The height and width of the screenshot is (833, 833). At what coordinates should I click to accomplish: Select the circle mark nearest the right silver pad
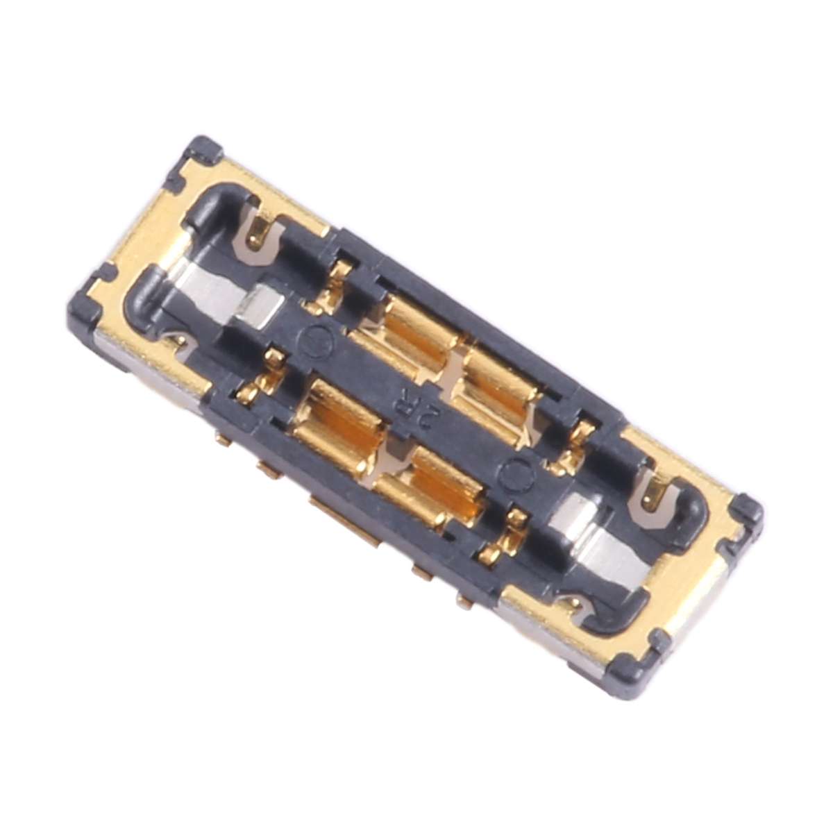[x=515, y=474]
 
